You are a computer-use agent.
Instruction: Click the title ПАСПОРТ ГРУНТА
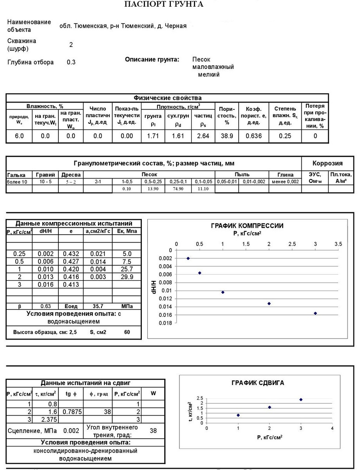click(164, 4)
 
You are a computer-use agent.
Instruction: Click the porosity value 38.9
click(227, 136)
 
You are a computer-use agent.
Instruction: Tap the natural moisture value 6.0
click(19, 136)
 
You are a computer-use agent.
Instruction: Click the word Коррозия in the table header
click(327, 163)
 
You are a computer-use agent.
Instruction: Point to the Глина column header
click(285, 174)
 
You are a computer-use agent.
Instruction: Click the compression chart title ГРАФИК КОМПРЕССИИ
click(247, 226)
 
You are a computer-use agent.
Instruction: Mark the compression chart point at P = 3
click(315, 313)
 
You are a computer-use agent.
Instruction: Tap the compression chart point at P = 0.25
click(188, 258)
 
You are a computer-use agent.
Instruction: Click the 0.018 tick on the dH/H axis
click(165, 323)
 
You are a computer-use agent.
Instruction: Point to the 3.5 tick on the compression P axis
click(338, 244)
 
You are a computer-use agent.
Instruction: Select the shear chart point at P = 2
click(270, 407)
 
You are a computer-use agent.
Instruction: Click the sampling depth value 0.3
click(71, 62)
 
